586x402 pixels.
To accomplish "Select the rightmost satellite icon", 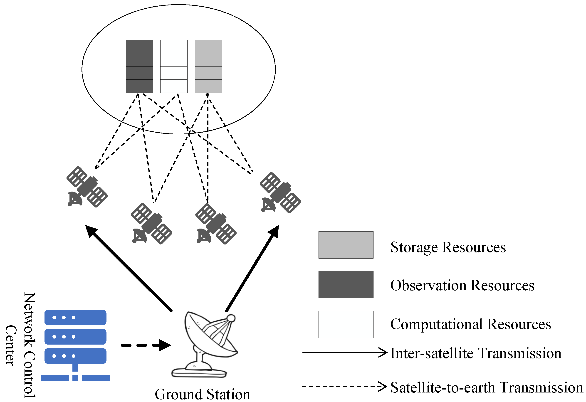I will (x=280, y=193).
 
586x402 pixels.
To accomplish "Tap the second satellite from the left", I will (x=151, y=224).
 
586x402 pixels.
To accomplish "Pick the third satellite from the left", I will (x=216, y=224).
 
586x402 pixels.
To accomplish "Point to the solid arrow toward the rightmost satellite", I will (x=252, y=269).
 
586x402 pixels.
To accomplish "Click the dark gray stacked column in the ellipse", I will (x=139, y=66).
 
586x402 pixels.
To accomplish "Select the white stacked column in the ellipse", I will (x=174, y=66).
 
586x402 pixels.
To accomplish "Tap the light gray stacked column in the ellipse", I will (x=208, y=66).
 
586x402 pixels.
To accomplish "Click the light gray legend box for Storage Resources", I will (x=346, y=245).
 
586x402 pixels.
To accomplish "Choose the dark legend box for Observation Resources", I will (x=346, y=285).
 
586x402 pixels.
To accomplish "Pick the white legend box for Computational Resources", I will (x=346, y=324).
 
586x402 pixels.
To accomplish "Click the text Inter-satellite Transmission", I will (x=476, y=353).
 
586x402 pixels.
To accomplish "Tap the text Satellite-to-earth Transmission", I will (x=487, y=388).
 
